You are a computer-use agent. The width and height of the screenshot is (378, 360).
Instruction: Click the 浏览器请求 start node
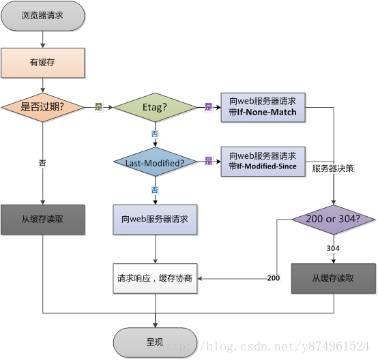pyautogui.click(x=42, y=15)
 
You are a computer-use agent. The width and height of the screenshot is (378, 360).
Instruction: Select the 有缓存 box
pyautogui.click(x=42, y=63)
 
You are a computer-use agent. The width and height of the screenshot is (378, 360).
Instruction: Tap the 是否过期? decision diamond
pyautogui.click(x=42, y=107)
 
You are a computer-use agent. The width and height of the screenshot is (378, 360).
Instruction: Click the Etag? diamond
pyautogui.click(x=155, y=107)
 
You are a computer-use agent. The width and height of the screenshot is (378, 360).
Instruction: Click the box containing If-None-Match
pyautogui.click(x=263, y=107)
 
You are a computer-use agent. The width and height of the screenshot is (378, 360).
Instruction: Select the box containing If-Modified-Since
pyautogui.click(x=263, y=162)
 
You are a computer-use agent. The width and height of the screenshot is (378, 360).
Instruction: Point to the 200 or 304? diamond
pyautogui.click(x=334, y=219)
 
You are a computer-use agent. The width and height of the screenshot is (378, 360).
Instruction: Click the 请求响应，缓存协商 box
pyautogui.click(x=155, y=277)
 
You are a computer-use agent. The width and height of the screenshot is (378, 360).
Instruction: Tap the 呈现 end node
pyautogui.click(x=155, y=340)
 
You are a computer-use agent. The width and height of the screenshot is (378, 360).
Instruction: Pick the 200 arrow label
pyautogui.click(x=274, y=278)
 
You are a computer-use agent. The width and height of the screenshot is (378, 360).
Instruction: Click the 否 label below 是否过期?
pyautogui.click(x=43, y=162)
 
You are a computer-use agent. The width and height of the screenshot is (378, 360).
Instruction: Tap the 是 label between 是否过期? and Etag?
pyautogui.click(x=98, y=107)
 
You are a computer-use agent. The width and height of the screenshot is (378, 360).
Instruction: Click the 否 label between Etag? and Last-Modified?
pyautogui.click(x=155, y=134)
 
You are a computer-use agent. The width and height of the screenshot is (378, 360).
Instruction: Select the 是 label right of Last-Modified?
pyautogui.click(x=209, y=162)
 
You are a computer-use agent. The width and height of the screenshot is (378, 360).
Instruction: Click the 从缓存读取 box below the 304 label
pyautogui.click(x=333, y=278)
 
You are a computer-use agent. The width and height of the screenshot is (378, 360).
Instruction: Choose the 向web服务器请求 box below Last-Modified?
pyautogui.click(x=155, y=220)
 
